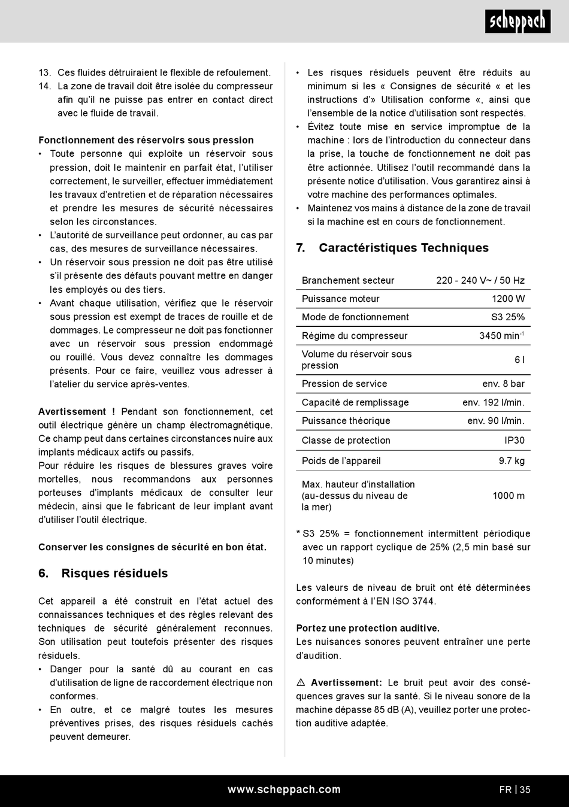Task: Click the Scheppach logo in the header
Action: click(x=517, y=22)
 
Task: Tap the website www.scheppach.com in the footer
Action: click(x=284, y=790)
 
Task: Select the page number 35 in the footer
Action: click(x=525, y=790)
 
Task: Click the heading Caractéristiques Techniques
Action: click(x=403, y=248)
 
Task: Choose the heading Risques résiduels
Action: click(x=114, y=573)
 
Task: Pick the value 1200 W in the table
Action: click(x=508, y=299)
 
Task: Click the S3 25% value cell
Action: click(x=507, y=317)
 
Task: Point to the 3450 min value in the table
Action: click(x=501, y=336)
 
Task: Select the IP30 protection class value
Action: click(x=514, y=441)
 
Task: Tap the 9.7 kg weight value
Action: click(x=512, y=461)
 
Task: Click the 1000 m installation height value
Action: click(x=508, y=496)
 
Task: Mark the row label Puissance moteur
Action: click(x=340, y=299)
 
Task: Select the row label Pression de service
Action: click(x=344, y=384)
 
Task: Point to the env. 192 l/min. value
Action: click(x=493, y=403)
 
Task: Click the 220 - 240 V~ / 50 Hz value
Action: click(x=480, y=280)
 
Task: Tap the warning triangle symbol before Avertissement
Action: click(x=301, y=682)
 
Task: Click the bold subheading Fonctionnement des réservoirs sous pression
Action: click(x=146, y=140)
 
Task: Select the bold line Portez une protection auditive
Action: click(x=368, y=628)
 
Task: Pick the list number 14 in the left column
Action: click(x=45, y=86)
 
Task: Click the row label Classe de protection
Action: click(x=346, y=441)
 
